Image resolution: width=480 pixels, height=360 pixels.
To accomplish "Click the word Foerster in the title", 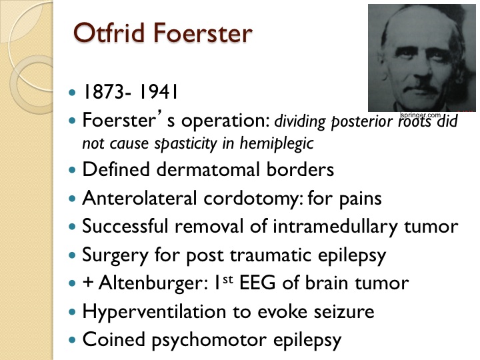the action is (x=203, y=33).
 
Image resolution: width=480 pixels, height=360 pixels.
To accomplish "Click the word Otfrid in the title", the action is (x=109, y=33).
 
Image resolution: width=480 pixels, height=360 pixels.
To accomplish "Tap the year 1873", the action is (x=103, y=91).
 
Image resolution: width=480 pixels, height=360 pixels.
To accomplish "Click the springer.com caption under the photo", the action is (x=420, y=115).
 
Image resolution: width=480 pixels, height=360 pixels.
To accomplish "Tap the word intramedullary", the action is (x=335, y=226).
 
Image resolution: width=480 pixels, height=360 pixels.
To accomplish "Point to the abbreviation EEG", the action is (x=257, y=283).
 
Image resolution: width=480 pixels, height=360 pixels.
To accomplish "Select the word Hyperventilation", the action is (x=154, y=311).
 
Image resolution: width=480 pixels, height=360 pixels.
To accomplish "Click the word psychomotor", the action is (x=209, y=340).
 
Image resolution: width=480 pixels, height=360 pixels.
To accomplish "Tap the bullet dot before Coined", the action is (x=72, y=340).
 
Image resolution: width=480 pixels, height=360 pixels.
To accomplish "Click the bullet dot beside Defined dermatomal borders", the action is (x=72, y=169).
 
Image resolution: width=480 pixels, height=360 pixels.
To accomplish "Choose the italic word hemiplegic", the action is (x=277, y=143).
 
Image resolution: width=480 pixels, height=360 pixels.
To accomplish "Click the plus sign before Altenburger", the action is (x=88, y=283).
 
